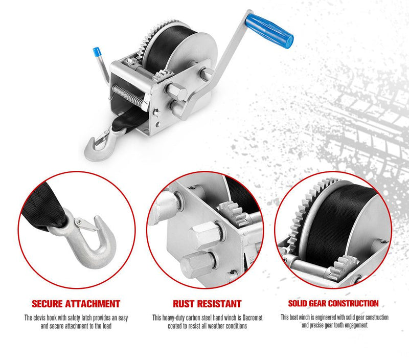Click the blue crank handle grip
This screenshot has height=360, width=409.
pos(270,29)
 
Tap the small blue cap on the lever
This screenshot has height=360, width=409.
pos(95,52)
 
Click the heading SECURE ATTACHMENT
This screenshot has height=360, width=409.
pos(76,304)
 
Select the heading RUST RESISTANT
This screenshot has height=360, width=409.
pos(207,304)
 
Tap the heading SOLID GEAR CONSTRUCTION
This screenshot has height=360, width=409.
pos(333,303)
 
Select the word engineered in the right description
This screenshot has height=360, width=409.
pos(325,318)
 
